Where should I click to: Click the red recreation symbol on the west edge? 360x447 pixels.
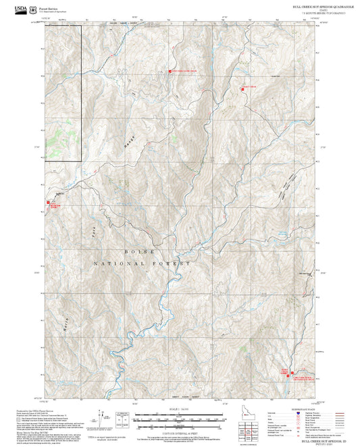click(x=47, y=202)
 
